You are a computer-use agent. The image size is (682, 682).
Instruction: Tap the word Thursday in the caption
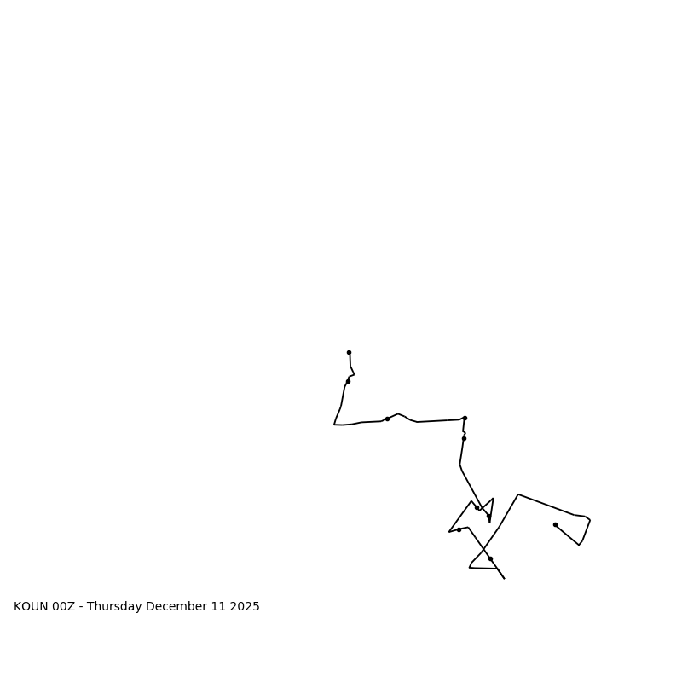116,607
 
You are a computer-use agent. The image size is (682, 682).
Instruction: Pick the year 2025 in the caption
244,607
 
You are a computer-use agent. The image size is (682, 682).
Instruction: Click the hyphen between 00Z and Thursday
82,607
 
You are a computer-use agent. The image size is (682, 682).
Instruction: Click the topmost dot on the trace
349,352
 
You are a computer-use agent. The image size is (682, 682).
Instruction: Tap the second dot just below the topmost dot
348,381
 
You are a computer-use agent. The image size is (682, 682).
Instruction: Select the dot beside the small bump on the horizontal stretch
387,419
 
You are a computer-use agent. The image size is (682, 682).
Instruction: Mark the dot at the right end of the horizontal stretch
465,418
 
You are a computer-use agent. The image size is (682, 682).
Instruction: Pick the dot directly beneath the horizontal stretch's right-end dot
464,438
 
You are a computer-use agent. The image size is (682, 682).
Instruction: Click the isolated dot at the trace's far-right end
555,524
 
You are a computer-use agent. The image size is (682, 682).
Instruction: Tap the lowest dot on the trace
490,558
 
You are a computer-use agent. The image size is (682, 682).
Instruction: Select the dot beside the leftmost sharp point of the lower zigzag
459,529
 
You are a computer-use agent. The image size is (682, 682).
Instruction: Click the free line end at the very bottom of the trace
504,578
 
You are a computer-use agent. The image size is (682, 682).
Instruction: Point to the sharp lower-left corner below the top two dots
334,424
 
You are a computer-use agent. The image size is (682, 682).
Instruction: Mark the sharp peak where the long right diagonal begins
517,494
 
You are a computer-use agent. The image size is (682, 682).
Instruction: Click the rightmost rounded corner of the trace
589,520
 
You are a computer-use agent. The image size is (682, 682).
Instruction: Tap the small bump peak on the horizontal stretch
398,414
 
